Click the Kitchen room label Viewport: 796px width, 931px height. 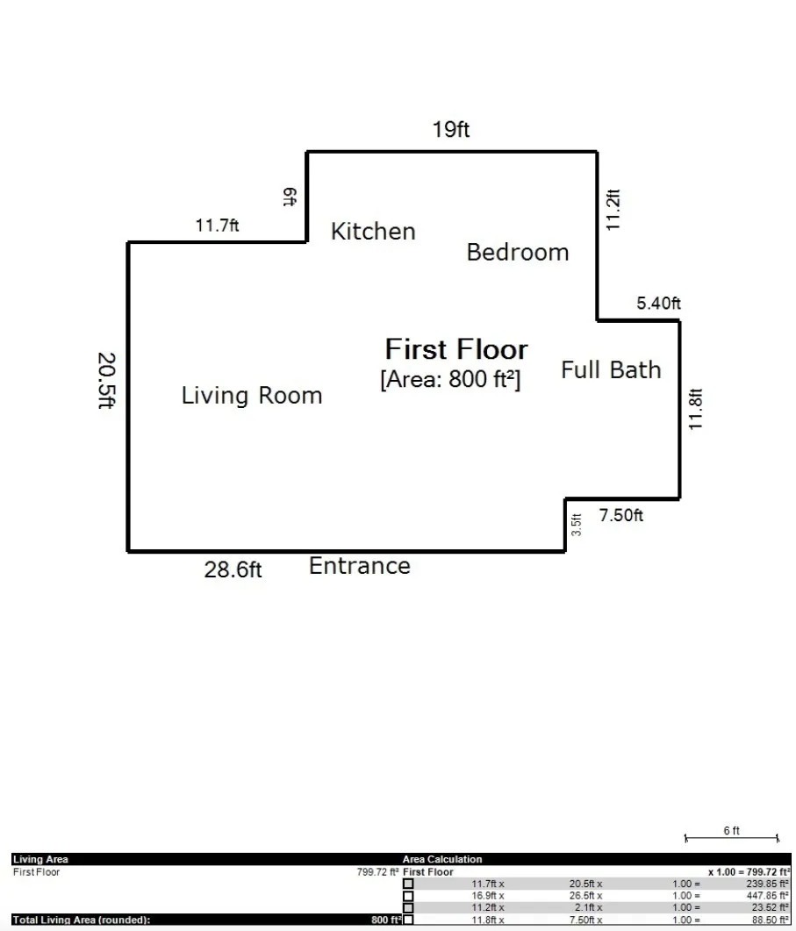click(x=373, y=232)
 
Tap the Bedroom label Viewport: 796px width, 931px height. click(x=517, y=253)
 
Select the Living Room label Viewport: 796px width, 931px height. click(x=252, y=396)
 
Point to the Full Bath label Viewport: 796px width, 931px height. click(x=611, y=369)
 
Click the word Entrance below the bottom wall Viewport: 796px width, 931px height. click(x=359, y=566)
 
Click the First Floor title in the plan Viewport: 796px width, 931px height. click(x=456, y=349)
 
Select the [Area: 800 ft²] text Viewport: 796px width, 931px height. click(x=450, y=380)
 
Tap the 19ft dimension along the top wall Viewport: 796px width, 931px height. click(x=451, y=130)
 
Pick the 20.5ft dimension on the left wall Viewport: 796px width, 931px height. click(x=106, y=382)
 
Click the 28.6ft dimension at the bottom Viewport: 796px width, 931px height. click(x=233, y=570)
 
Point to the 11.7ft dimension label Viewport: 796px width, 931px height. click(x=217, y=226)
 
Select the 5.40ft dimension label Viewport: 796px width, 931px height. click(x=658, y=304)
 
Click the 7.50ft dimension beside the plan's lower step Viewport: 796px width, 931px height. click(x=620, y=516)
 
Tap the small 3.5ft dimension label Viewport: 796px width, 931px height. click(x=577, y=525)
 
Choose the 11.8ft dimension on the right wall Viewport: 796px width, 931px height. click(x=696, y=409)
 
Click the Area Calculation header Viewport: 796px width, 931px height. click(x=442, y=860)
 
